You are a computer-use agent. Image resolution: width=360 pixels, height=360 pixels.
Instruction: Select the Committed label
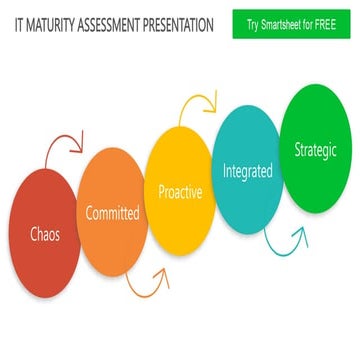point(112,212)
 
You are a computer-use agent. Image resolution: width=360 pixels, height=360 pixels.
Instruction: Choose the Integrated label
point(247,171)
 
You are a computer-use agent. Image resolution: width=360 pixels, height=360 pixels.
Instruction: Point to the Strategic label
point(316,150)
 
